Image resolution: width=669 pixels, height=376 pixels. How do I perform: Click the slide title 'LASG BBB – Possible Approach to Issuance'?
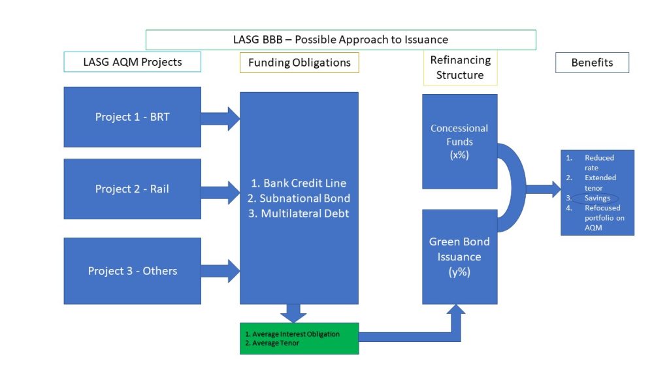click(340, 40)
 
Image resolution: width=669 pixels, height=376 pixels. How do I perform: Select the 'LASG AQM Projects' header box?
click(132, 62)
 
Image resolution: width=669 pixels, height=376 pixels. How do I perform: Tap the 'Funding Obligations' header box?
click(299, 63)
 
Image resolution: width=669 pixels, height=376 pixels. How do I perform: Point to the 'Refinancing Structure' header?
click(460, 68)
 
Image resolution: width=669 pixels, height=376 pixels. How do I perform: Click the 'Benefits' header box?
click(592, 63)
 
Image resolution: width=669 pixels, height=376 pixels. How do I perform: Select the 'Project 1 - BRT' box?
click(132, 117)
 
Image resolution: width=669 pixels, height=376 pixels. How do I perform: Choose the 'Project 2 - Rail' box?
click(132, 189)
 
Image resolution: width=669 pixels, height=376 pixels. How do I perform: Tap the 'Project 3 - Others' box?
click(132, 271)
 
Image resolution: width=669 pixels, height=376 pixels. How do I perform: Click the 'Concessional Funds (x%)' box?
click(459, 142)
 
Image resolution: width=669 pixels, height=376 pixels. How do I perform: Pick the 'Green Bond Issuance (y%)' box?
click(459, 257)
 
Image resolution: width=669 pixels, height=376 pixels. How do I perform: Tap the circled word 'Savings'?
click(596, 198)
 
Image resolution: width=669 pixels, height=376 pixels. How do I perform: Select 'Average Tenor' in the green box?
click(275, 343)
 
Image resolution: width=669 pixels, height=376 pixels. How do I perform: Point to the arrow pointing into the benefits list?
click(543, 189)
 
